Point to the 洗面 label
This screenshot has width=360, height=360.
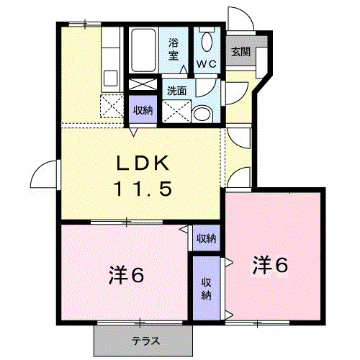click(177, 91)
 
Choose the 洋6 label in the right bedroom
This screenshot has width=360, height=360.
click(270, 265)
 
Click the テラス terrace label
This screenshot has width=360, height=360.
click(144, 340)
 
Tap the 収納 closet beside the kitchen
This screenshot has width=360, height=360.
click(143, 110)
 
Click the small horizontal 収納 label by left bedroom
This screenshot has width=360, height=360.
click(207, 238)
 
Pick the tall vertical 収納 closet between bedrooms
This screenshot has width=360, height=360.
click(207, 288)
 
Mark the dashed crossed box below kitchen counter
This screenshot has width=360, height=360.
click(112, 104)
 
